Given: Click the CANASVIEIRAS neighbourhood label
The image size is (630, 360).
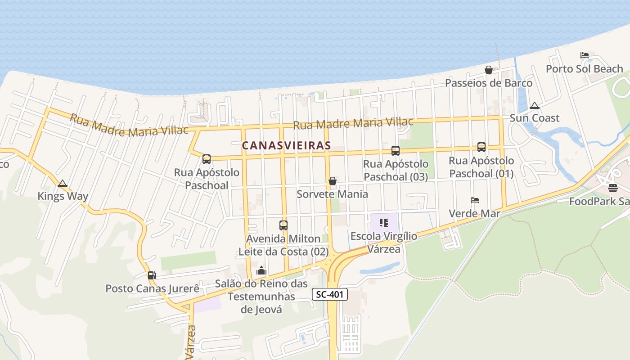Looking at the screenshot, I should tap(286, 146).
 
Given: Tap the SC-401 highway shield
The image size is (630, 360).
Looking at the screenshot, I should tap(330, 295).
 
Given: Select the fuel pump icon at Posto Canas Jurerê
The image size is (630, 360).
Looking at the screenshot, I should tap(152, 275).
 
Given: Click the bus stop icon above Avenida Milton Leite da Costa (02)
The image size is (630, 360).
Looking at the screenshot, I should tap(283, 225).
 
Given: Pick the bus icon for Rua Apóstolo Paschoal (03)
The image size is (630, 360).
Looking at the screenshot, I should tap(396, 151).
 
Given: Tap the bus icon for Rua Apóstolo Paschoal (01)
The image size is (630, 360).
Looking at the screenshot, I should tap(481, 147).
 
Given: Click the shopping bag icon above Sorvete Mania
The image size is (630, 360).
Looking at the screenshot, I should tap(333, 181).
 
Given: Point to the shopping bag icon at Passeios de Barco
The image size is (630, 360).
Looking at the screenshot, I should tap(489, 70).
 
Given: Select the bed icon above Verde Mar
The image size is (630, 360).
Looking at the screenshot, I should tap(474, 200).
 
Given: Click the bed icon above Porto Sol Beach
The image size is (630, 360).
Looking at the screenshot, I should tap(585, 55).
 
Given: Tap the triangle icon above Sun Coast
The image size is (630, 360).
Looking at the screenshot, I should tap(535, 106).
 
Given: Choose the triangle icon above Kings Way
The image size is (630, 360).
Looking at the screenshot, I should tap(63, 183).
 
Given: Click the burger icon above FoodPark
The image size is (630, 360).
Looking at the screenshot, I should tap(613, 188).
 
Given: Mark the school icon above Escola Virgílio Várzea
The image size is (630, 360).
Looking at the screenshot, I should tap(384, 223).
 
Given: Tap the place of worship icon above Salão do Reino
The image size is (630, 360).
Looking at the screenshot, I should tap(261, 270).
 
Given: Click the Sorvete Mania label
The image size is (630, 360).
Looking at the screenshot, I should tap(332, 194).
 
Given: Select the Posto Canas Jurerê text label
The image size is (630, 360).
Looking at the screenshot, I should tap(152, 288).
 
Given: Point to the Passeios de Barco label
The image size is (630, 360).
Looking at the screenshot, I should tap(489, 83).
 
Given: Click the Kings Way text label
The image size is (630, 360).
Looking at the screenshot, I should tap(63, 196).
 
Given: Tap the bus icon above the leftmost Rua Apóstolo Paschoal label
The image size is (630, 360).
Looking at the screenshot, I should tap(207, 159).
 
